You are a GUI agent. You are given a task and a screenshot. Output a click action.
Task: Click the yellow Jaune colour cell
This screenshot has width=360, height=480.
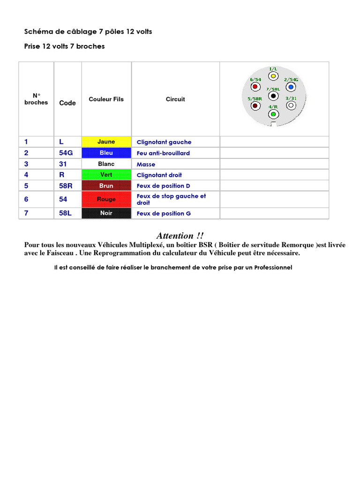click(x=106, y=142)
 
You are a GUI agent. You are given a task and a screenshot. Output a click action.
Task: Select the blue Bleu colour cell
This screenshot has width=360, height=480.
click(x=106, y=153)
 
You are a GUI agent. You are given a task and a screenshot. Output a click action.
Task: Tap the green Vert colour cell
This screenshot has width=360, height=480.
click(x=106, y=175)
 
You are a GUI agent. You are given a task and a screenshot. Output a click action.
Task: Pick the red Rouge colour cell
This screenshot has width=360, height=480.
click(x=106, y=199)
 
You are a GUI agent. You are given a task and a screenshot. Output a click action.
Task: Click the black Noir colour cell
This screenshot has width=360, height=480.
click(x=106, y=213)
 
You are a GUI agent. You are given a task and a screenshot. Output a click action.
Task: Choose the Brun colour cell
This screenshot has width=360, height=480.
click(x=106, y=186)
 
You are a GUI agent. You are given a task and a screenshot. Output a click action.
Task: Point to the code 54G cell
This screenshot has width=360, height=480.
click(x=66, y=153)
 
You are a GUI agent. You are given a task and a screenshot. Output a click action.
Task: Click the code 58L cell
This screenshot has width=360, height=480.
click(x=66, y=213)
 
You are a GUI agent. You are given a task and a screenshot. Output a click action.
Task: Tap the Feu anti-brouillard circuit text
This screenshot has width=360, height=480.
click(x=163, y=153)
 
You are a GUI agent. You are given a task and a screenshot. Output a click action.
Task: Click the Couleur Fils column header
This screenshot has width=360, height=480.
click(x=106, y=99)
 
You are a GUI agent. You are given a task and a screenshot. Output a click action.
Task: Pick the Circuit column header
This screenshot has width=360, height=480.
click(x=175, y=99)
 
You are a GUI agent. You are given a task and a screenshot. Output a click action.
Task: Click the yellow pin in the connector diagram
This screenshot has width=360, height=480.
click(x=273, y=75)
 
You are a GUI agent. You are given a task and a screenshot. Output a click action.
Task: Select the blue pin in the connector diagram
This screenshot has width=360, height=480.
click(x=291, y=87)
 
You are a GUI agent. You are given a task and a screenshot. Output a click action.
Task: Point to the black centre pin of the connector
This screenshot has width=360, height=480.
click(x=273, y=96)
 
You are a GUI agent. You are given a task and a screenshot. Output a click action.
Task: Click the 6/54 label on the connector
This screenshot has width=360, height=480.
click(x=255, y=80)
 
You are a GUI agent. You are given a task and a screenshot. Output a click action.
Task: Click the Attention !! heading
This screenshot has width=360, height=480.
click(x=180, y=236)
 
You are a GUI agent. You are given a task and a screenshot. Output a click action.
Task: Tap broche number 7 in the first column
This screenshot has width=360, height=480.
click(x=26, y=213)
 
